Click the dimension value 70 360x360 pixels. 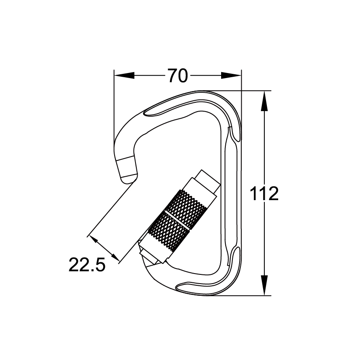(177, 76)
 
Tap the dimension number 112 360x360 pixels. (264, 194)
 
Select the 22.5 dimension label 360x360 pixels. (86, 265)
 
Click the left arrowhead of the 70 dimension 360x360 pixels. (124, 76)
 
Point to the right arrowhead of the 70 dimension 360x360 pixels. (231, 76)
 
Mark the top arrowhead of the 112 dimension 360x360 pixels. (264, 101)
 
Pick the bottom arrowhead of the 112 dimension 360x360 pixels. (264, 285)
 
